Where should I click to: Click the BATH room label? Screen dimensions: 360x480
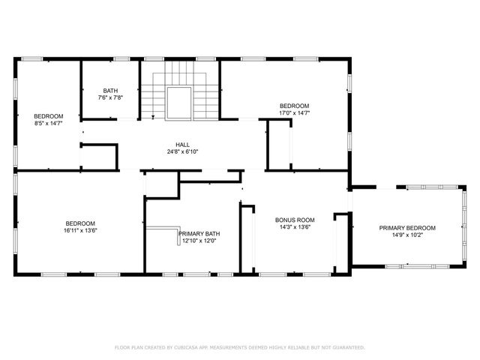110,91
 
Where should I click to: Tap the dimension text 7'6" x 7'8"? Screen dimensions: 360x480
110,98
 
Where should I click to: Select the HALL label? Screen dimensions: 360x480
182,145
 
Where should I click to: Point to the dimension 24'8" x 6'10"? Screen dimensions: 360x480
182,152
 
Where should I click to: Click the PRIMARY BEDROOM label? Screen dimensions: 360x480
407,228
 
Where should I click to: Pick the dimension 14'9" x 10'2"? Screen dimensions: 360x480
407,235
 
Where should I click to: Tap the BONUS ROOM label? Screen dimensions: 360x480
295,220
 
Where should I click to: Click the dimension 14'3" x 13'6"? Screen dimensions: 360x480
295,227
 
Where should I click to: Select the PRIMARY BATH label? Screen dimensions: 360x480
197,233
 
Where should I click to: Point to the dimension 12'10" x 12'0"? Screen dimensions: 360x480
197,241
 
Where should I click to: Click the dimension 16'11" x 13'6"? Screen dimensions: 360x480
80,231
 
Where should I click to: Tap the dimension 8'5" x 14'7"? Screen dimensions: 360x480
49,123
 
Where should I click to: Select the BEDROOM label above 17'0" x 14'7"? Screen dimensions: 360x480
295,106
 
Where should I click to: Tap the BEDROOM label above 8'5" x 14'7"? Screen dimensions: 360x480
49,115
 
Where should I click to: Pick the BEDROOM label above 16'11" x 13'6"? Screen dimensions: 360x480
80,223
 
